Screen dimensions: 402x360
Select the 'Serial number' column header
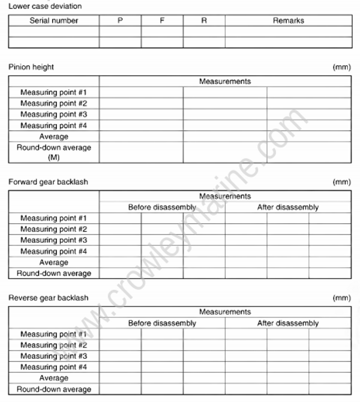pos(54,20)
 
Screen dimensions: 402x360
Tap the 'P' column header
pos(120,20)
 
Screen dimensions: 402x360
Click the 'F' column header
pos(162,20)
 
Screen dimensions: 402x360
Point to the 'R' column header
pos(204,20)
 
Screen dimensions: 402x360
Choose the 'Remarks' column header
pos(289,20)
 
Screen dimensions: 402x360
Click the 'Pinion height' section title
pos(31,67)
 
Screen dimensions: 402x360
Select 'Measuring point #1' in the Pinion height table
pos(54,92)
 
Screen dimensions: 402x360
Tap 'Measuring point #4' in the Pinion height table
pos(54,125)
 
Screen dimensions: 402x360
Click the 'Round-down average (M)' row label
pos(54,152)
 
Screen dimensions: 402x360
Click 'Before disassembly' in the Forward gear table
pos(162,208)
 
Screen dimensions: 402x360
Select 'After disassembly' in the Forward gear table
pos(288,208)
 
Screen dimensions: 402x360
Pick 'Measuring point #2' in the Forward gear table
pos(54,229)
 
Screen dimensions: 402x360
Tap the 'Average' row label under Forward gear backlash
pos(54,262)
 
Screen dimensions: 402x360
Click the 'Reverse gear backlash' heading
pos(47,298)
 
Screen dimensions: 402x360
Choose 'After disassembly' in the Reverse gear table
pos(288,323)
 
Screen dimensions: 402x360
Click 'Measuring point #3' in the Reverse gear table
pos(54,356)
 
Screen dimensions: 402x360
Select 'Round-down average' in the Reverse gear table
pos(54,389)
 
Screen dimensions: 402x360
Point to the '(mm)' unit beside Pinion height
pos(341,67)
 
